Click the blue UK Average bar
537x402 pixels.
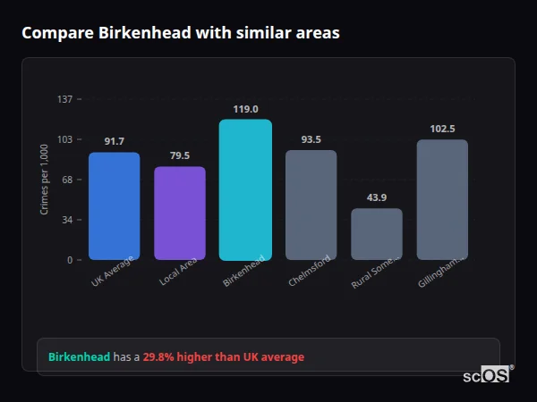114,206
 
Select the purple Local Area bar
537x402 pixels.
180,214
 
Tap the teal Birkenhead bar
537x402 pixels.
245,189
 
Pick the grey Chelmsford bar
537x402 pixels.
311,205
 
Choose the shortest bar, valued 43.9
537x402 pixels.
377,234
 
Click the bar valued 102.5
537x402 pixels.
442,199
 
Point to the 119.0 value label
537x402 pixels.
245,109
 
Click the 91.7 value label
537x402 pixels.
114,141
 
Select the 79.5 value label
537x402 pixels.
180,155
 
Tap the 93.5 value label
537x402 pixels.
311,139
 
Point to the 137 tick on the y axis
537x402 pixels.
65,99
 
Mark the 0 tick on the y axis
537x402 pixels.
69,260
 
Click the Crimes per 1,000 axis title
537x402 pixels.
45,180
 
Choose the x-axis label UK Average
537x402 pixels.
112,272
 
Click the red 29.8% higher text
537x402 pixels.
224,357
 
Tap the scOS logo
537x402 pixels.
487,376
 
